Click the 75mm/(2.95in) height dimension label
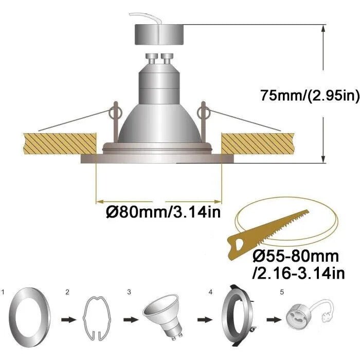tap(309, 96)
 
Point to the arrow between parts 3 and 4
tap(201, 319)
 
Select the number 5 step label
tap(281, 292)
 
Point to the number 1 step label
tap(4, 292)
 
